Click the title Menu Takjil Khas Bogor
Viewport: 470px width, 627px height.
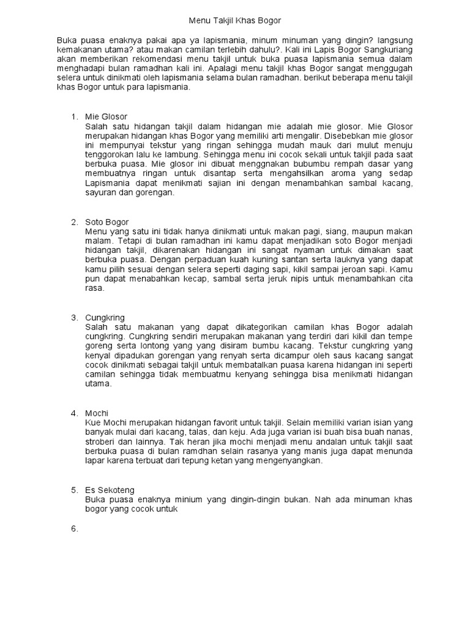coord(234,20)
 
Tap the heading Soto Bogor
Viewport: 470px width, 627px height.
coord(107,221)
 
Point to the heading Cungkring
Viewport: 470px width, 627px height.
coord(105,317)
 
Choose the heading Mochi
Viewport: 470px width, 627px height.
coord(97,413)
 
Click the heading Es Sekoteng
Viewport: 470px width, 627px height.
coord(110,490)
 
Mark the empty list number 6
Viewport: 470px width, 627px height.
coord(75,528)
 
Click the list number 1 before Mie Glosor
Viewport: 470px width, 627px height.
coord(75,116)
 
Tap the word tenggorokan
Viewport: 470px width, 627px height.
coord(113,154)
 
